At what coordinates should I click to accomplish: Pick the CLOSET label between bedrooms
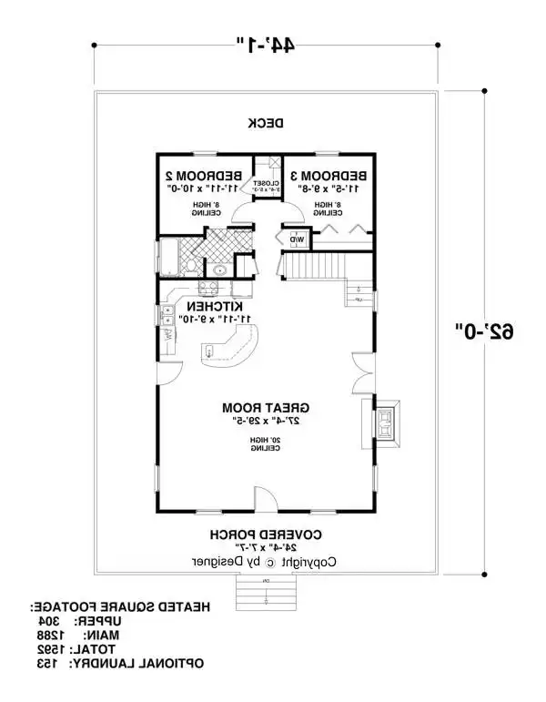click(266, 183)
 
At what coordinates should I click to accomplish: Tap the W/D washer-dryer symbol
click(298, 240)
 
